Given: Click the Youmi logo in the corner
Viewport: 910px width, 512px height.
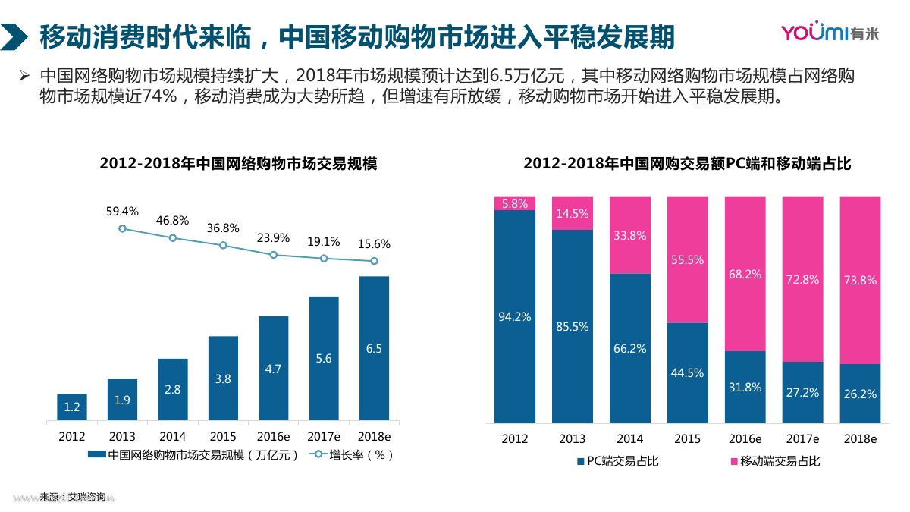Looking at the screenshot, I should [x=837, y=33].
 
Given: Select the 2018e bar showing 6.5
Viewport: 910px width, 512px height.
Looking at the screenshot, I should [x=374, y=348].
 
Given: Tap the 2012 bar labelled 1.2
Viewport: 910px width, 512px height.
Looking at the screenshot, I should [x=72, y=407].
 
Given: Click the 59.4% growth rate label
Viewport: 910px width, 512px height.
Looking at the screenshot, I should [x=122, y=212].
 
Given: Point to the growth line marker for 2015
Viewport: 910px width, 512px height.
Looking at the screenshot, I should [x=223, y=245].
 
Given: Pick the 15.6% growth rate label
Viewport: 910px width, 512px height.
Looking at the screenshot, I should [x=374, y=244].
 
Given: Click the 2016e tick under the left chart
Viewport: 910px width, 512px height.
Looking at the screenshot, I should [x=273, y=437].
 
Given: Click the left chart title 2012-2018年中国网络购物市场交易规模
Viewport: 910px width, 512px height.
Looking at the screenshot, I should [x=238, y=164].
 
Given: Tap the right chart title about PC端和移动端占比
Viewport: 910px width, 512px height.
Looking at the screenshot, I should [x=687, y=164].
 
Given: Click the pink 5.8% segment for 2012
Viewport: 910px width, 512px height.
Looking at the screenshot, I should [x=515, y=203].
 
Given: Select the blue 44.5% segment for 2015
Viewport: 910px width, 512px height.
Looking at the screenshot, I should [x=687, y=372].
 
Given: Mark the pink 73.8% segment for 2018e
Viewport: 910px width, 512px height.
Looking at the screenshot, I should [x=860, y=280].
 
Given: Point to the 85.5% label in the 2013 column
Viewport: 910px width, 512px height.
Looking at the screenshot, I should [x=573, y=327].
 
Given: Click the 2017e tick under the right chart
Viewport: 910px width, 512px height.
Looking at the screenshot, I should [x=802, y=439].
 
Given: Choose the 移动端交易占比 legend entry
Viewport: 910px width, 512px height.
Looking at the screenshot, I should [x=774, y=461].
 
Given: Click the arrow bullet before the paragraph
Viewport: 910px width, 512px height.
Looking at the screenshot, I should [x=24, y=76].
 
